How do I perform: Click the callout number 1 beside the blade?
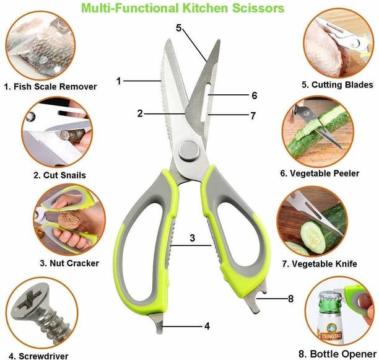pyautogui.click(x=118, y=80)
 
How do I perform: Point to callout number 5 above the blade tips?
pyautogui.click(x=179, y=28)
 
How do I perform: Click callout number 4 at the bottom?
pyautogui.click(x=207, y=325)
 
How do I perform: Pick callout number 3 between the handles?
pyautogui.click(x=193, y=238)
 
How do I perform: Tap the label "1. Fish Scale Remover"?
pyautogui.click(x=50, y=87)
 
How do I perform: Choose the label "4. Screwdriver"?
pyautogui.click(x=38, y=356)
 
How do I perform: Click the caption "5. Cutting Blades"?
pyautogui.click(x=337, y=85)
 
